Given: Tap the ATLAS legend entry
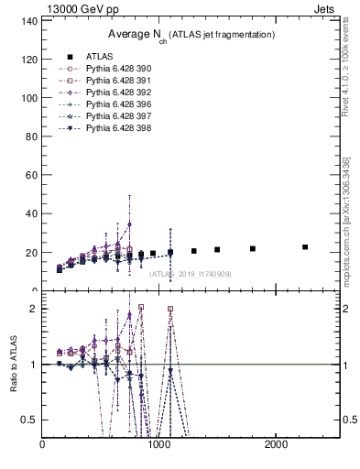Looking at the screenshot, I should [x=100, y=56].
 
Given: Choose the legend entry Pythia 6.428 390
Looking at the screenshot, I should [x=118, y=69].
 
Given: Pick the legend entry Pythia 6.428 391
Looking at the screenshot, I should [x=118, y=81].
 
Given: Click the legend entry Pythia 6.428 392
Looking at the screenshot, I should [x=118, y=93].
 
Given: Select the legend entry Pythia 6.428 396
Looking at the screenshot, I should [x=118, y=104].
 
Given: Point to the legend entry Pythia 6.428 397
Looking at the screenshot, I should [x=118, y=116].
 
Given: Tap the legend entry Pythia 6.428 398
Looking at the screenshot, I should [x=118, y=128].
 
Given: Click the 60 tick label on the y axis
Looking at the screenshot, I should [x=29, y=175].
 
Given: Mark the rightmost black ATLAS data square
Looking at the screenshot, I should [x=305, y=247].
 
